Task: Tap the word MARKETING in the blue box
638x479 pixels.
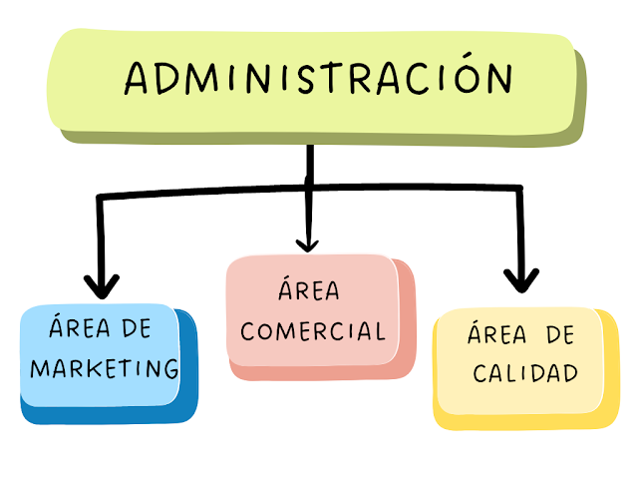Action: [x=105, y=367]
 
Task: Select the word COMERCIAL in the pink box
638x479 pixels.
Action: [x=313, y=330]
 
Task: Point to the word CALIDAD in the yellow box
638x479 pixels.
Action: [x=525, y=374]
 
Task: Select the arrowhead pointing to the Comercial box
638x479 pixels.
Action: [x=307, y=242]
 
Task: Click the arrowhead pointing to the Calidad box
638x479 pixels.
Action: [x=519, y=278]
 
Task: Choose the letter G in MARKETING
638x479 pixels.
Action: [x=170, y=367]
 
